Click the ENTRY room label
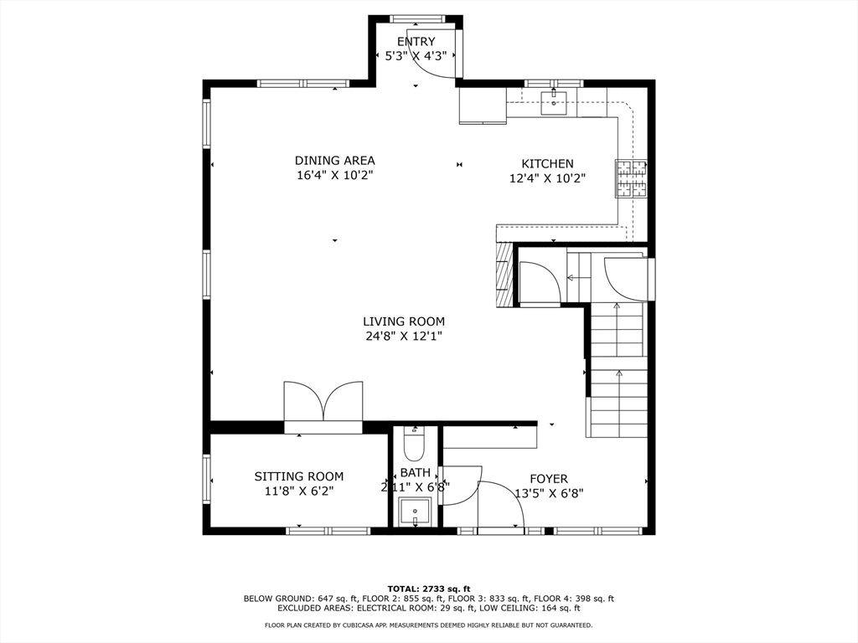pos(416,42)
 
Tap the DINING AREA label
pos(335,161)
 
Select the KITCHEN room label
pos(547,163)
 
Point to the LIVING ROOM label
pos(404,321)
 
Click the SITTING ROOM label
pos(299,476)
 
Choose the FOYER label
pos(548,480)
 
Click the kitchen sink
pos(554,103)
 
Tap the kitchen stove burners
pos(631,178)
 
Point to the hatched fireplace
pos(504,274)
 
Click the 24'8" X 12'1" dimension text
pos(404,337)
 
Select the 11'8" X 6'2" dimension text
pos(299,491)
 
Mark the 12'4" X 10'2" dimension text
pos(547,178)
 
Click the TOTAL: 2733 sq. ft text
pos(429,589)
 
